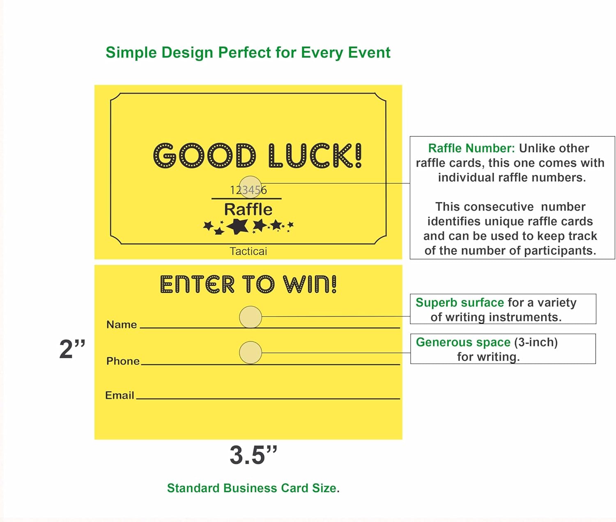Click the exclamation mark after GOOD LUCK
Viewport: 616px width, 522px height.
[358, 155]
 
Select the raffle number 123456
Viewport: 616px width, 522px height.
[248, 190]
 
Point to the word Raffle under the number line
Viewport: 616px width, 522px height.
[248, 209]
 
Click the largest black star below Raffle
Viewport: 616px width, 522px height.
[238, 226]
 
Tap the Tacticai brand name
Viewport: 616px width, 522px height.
[248, 251]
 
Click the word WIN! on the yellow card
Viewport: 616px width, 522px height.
[310, 284]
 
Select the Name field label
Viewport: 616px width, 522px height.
[122, 324]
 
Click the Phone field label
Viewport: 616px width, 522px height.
[123, 361]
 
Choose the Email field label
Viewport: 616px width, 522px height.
[120, 395]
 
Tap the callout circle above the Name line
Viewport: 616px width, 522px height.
[251, 317]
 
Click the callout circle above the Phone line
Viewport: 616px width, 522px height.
[251, 352]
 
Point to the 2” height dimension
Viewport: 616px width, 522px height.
[72, 349]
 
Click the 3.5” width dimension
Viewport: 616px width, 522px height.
[253, 455]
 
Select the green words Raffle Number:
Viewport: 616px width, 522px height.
[471, 148]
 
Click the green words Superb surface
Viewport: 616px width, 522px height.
[460, 302]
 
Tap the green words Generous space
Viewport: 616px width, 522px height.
[463, 342]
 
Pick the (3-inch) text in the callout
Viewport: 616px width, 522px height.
[536, 342]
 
